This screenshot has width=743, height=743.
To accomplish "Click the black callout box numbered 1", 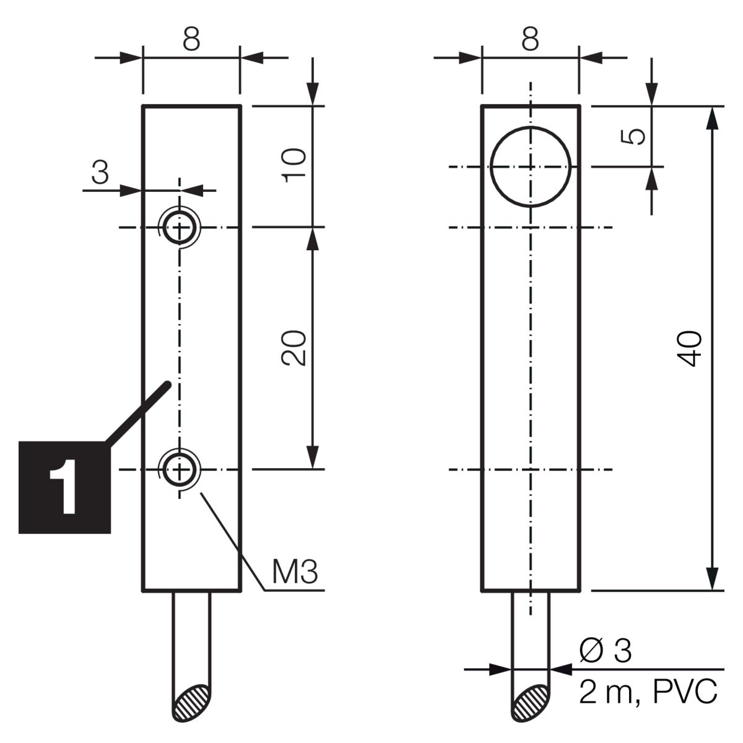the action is tap(65, 487).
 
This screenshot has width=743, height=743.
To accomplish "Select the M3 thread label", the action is tap(295, 571).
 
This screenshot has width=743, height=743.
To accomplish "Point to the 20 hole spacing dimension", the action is tap(294, 348).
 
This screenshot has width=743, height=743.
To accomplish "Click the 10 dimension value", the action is tap(294, 165).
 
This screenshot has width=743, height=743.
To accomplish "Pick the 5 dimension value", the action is tap(633, 136).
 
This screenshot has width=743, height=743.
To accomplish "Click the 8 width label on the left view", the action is tap(191, 39).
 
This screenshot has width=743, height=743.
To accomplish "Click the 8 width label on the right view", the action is tap(530, 39).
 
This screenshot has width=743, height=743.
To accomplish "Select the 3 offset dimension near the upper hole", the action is tap(100, 171).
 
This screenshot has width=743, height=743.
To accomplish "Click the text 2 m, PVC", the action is tap(648, 692).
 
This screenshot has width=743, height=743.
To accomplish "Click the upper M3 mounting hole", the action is tap(180, 227).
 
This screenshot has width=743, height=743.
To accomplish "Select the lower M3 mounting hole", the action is tap(180, 469).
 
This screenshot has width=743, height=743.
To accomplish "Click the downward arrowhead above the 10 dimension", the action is tap(313, 93).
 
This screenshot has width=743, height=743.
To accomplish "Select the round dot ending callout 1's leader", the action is tap(167, 384).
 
